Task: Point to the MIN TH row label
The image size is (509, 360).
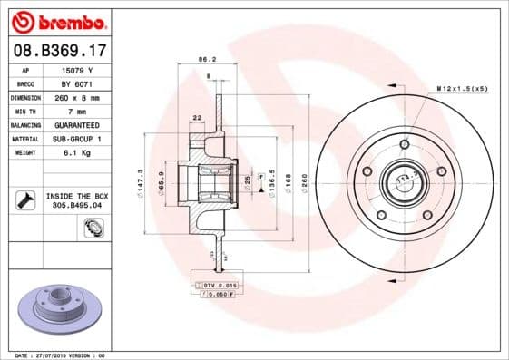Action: coord(26,111)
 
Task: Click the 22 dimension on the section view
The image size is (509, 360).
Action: coord(197,117)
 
